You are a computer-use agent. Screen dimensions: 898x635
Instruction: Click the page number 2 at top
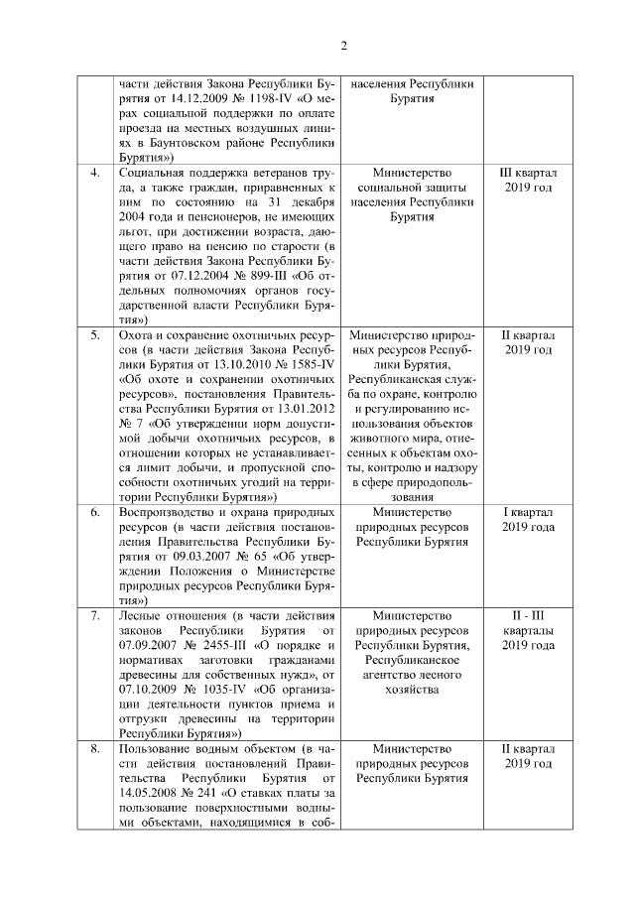344,45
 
